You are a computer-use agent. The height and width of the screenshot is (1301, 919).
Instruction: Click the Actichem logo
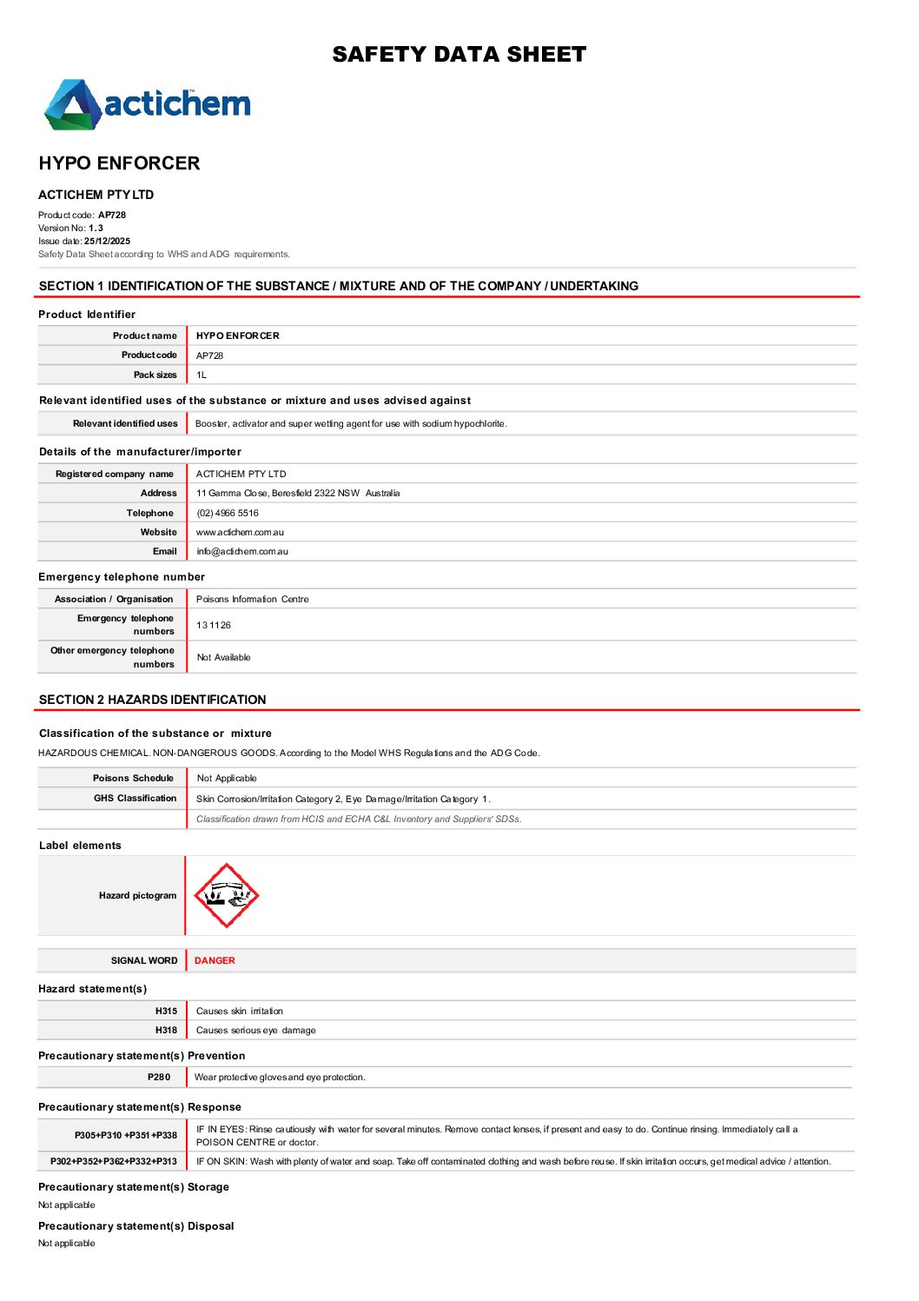(148, 105)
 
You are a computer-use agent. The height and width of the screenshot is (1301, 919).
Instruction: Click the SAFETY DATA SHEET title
(459, 55)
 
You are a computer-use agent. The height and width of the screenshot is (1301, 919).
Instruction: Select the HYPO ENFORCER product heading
(119, 163)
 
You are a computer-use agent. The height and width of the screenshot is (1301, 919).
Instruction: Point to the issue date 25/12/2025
(107, 242)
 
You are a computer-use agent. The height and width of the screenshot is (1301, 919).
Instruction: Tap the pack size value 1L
(202, 375)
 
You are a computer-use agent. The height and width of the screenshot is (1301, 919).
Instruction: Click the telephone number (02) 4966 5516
(228, 514)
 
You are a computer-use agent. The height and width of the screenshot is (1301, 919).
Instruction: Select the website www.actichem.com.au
(240, 533)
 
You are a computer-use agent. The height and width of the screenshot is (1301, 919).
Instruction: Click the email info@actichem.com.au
(242, 552)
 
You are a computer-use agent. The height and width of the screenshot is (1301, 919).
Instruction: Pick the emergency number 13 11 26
(214, 626)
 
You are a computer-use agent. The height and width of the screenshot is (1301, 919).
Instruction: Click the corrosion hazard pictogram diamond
(226, 896)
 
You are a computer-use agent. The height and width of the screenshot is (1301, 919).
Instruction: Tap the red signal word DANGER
(215, 961)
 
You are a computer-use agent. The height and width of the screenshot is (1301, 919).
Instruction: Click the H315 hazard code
(166, 1012)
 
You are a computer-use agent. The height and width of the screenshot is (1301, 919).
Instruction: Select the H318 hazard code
(166, 1031)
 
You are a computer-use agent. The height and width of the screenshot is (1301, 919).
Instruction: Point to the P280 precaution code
(159, 1078)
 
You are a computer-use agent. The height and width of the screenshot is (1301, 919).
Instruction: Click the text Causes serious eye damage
(256, 1031)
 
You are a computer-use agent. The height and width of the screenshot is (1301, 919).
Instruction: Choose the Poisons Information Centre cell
(252, 600)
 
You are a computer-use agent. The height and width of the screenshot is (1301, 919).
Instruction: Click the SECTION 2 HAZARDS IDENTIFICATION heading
(153, 700)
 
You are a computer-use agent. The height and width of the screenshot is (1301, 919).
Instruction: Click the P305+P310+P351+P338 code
(126, 1136)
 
